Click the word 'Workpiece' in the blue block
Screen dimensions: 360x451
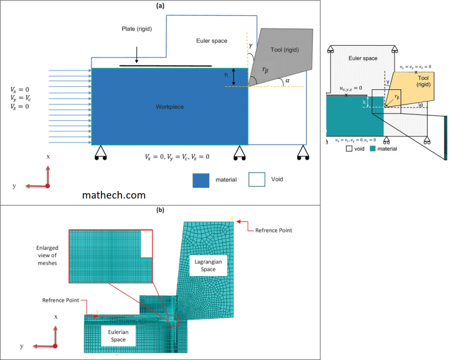[170, 107]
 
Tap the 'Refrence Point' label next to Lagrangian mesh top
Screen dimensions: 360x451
[273, 230]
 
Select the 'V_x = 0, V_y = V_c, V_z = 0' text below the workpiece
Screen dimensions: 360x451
[177, 157]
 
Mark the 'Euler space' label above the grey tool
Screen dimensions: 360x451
[211, 41]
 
